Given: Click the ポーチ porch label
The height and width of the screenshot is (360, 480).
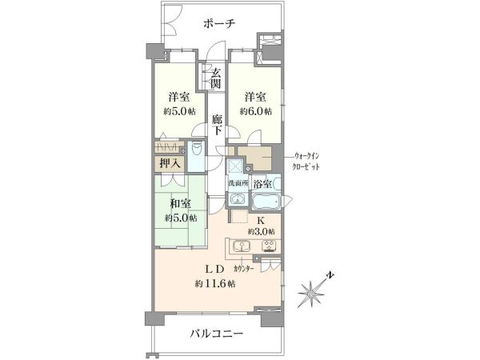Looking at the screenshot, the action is tap(219, 23).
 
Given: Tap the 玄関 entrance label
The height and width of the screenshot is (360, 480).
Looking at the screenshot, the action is tap(216, 78).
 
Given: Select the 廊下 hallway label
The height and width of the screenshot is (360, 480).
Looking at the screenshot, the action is tap(217, 125).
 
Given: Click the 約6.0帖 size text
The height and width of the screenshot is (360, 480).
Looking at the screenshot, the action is tap(256, 111).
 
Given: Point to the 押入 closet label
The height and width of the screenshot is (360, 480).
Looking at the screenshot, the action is tap(170, 163).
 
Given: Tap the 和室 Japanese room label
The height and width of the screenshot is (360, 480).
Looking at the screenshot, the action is tap(181, 203).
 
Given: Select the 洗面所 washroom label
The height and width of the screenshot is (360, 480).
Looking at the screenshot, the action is tap(238, 183).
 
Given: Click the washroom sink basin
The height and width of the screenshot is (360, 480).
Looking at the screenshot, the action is tap(238, 199).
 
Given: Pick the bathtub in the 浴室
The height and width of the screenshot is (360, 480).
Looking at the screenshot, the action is tap(266, 202).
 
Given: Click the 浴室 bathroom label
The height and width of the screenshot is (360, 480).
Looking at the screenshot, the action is tap(262, 184).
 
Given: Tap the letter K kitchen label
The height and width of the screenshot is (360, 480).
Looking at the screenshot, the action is tap(260, 220).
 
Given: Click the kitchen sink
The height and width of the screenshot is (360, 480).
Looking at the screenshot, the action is tap(242, 246).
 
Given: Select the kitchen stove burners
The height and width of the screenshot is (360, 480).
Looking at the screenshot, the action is tap(269, 246).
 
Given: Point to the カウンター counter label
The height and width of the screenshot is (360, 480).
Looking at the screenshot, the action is tap(244, 269).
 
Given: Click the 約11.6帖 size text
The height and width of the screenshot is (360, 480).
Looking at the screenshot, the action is tap(215, 284).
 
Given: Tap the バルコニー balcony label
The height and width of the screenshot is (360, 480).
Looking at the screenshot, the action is tap(217, 333).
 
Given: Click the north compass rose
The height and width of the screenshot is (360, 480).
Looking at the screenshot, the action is tap(313, 292).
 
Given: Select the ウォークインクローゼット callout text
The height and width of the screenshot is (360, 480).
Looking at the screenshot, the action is tap(307, 162).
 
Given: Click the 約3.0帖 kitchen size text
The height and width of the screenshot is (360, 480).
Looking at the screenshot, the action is tap(261, 232).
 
